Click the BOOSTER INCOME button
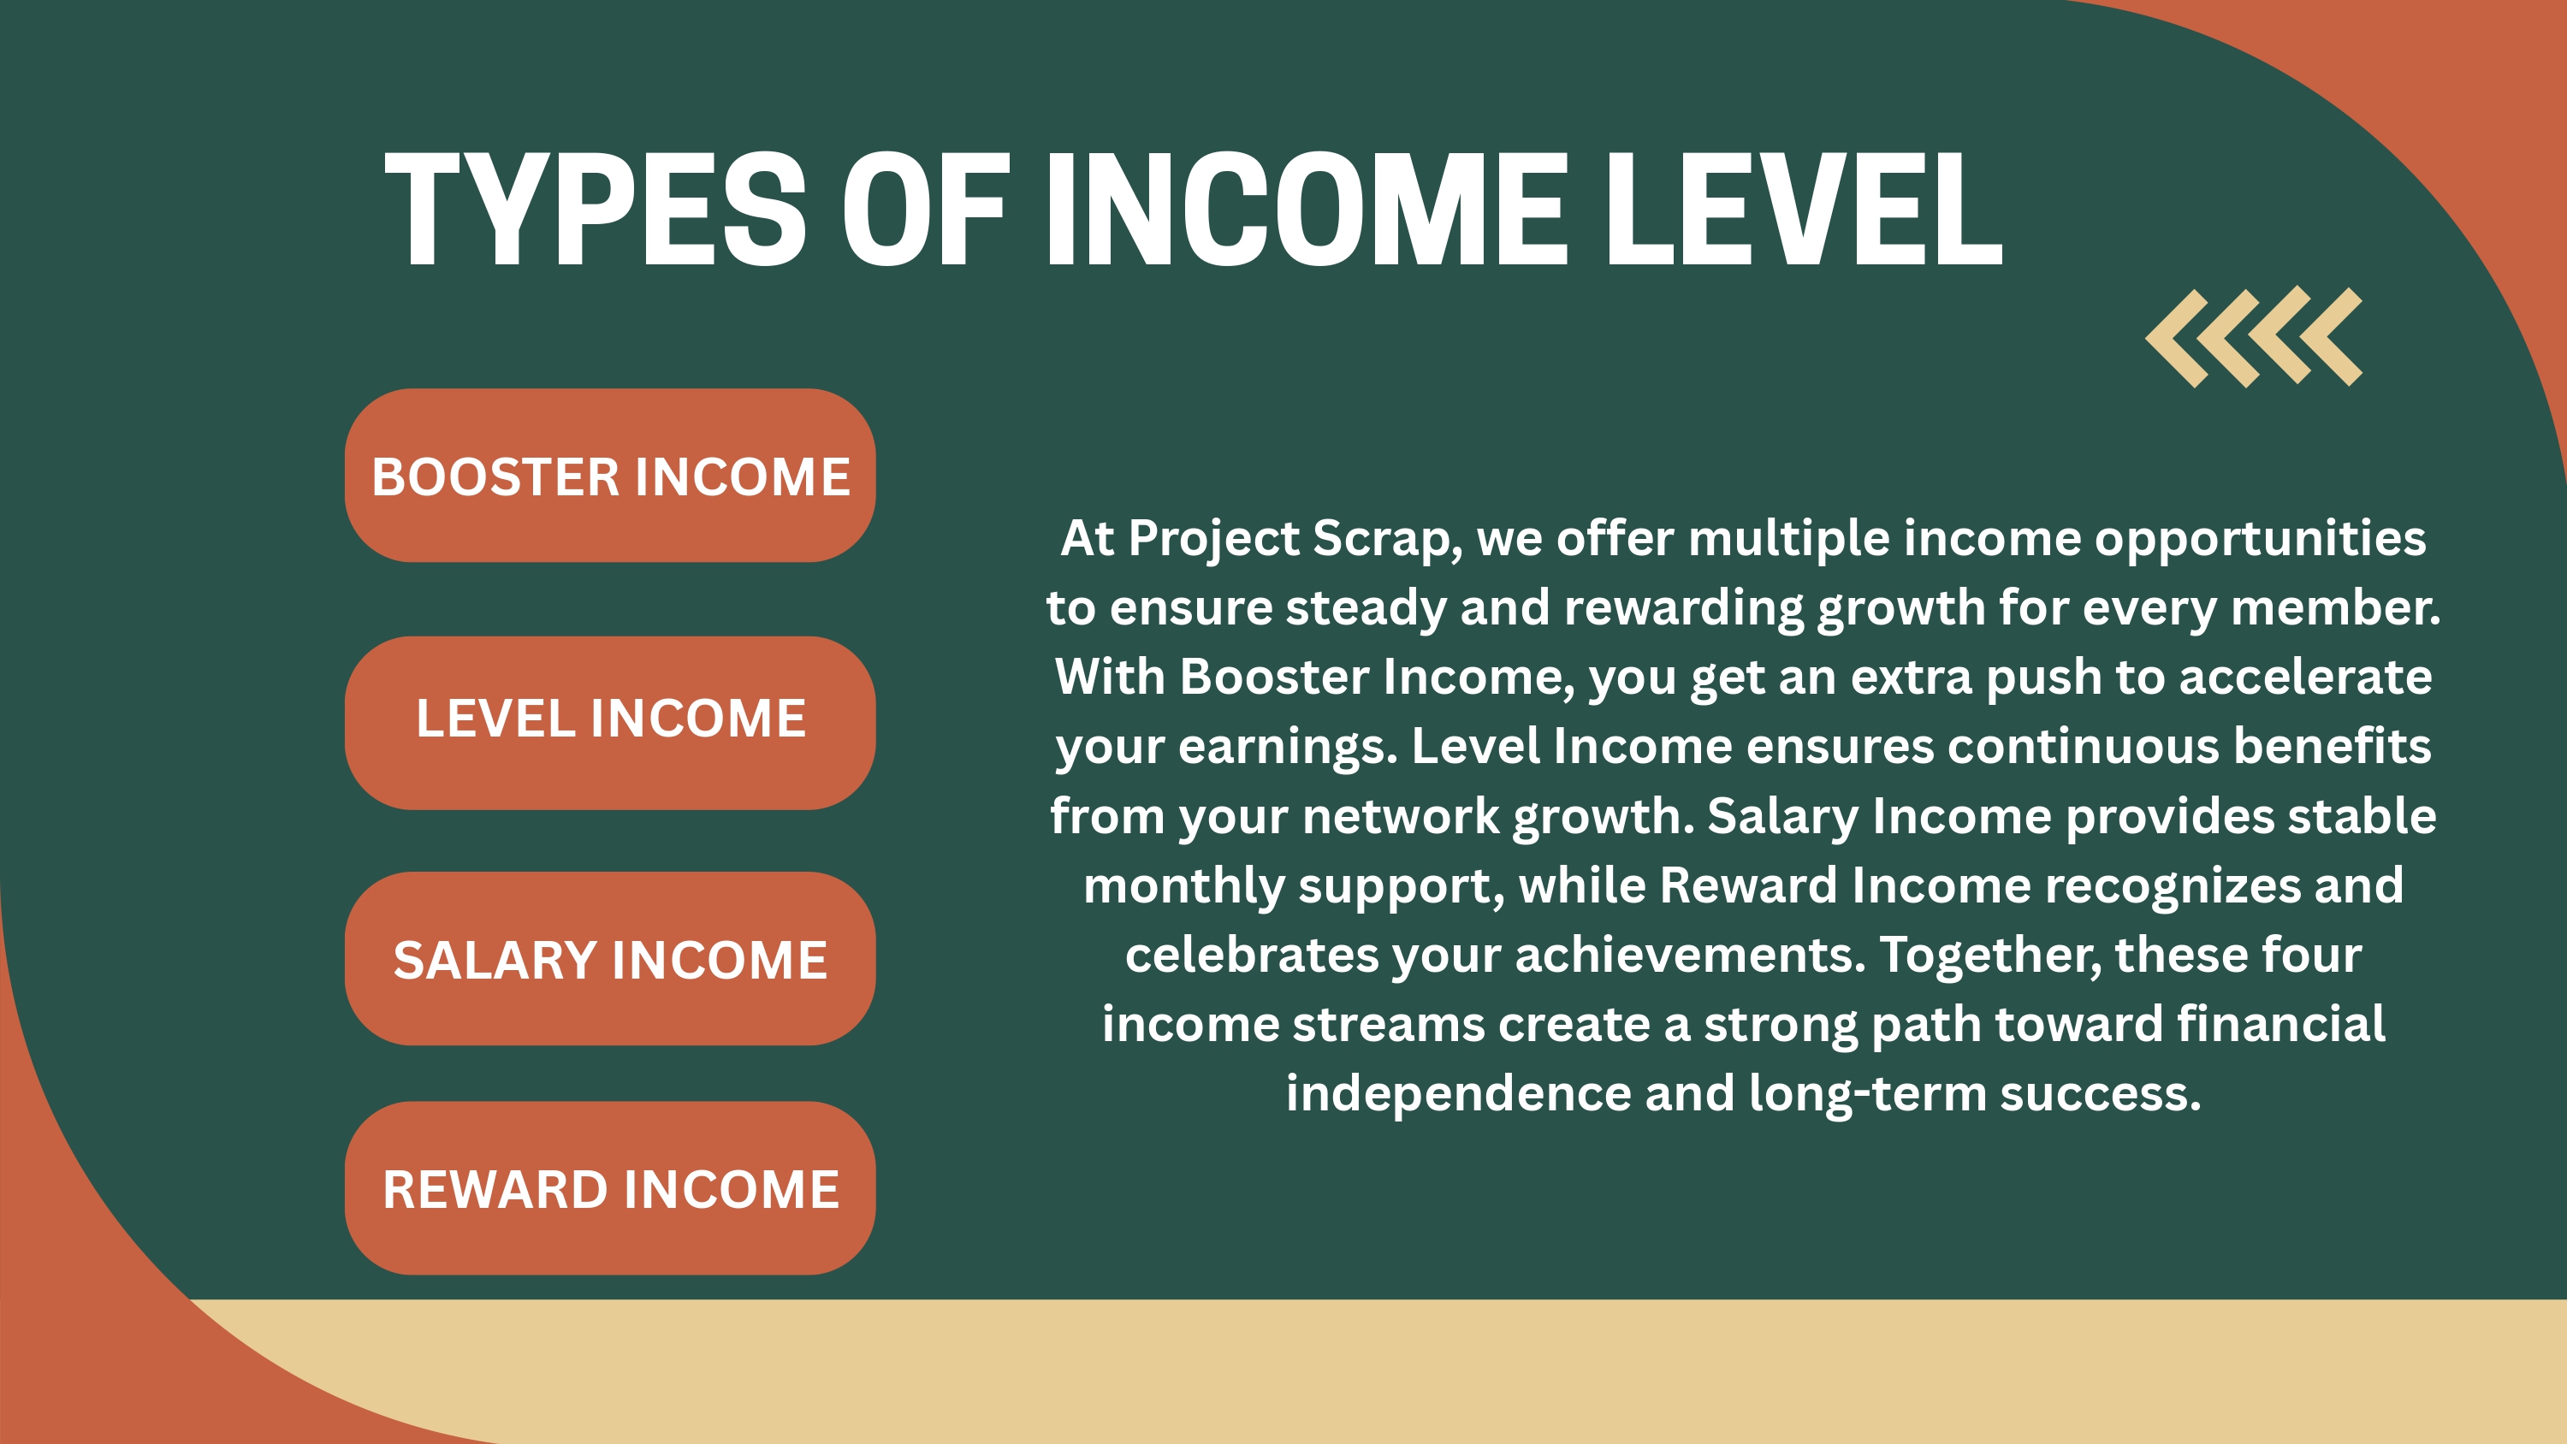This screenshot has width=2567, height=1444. [610, 476]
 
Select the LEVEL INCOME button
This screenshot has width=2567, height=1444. [610, 723]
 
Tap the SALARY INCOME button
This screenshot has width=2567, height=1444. [610, 959]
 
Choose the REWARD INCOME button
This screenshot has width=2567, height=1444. [610, 1188]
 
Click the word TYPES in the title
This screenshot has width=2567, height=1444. [595, 210]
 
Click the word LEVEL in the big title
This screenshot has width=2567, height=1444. [1803, 210]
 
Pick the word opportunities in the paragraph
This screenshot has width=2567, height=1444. [2260, 539]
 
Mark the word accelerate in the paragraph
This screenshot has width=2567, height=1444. [2306, 678]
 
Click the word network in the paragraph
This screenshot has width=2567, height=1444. [1401, 816]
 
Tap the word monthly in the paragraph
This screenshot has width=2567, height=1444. [1185, 886]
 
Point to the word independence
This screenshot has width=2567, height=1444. [1458, 1094]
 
